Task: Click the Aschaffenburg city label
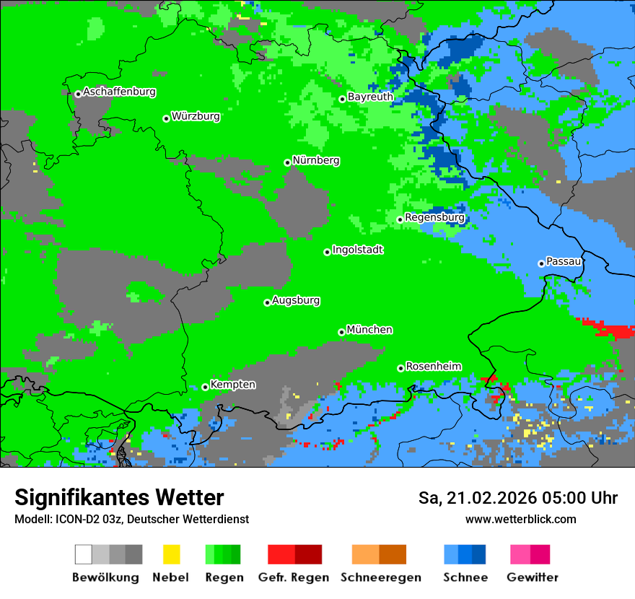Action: point(119,92)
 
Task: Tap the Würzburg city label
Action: point(196,116)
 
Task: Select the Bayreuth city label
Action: point(370,97)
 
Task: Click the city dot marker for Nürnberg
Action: point(287,163)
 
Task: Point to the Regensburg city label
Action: point(434,217)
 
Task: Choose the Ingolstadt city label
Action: point(357,250)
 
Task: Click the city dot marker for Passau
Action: point(541,263)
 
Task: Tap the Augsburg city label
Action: point(296,301)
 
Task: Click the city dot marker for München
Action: point(341,332)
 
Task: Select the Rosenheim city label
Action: point(433,367)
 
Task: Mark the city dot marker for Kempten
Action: point(205,387)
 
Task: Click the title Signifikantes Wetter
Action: point(119,498)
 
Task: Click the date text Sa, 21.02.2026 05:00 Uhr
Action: point(517,498)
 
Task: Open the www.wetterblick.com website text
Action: point(520,520)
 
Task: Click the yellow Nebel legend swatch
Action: point(171,554)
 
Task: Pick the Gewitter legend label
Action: point(532,577)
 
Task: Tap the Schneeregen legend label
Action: point(380,577)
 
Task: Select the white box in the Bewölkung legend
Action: point(84,554)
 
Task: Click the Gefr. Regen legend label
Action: point(293,577)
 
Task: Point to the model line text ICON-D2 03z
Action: point(87,520)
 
